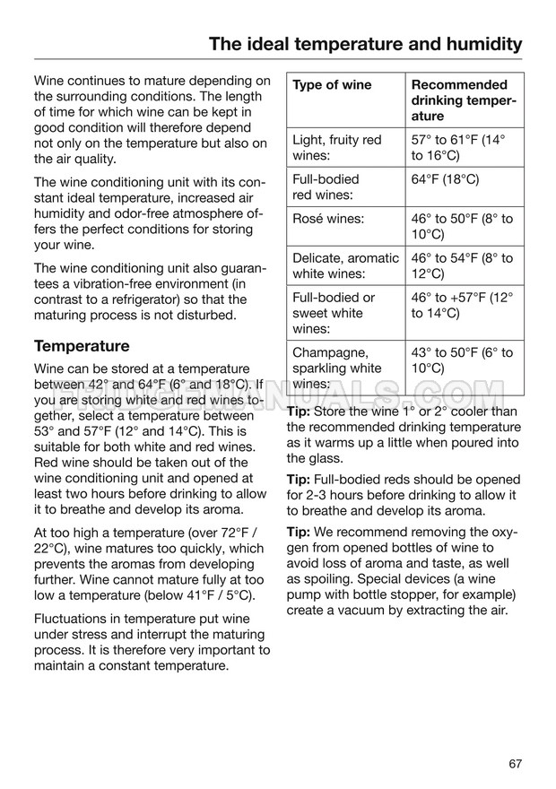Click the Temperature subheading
82,346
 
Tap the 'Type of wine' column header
332,85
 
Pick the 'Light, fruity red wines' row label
336,147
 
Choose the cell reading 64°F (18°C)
446,179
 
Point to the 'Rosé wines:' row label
330,219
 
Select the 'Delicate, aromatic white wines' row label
345,265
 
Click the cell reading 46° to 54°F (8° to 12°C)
462,265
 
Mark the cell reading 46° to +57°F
462,305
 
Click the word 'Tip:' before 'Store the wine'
299,412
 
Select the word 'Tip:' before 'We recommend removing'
299,531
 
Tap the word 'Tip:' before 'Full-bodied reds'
299,479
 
